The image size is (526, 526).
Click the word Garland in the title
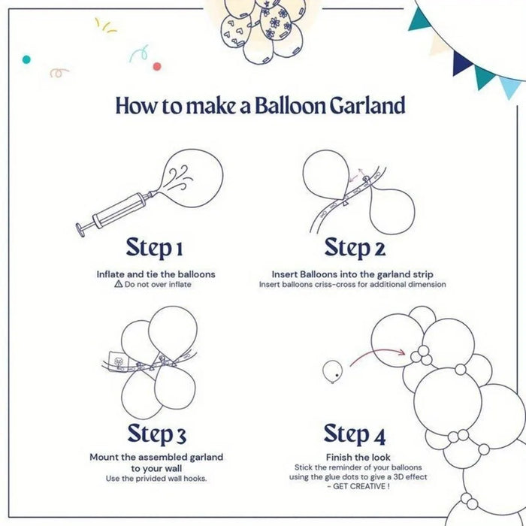(367, 105)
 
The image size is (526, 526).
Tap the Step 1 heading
(155, 247)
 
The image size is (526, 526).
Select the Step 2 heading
(354, 247)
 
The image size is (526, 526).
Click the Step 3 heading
(156, 434)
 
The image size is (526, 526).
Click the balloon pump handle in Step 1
(82, 227)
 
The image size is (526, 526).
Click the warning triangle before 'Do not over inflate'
(118, 285)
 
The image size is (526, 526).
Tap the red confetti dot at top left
(157, 66)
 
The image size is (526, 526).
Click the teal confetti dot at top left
(26, 59)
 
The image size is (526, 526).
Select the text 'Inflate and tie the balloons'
(156, 274)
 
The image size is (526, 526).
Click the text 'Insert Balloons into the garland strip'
(352, 274)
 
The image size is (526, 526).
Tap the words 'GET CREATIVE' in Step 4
(358, 487)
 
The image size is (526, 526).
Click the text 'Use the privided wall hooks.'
(156, 479)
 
